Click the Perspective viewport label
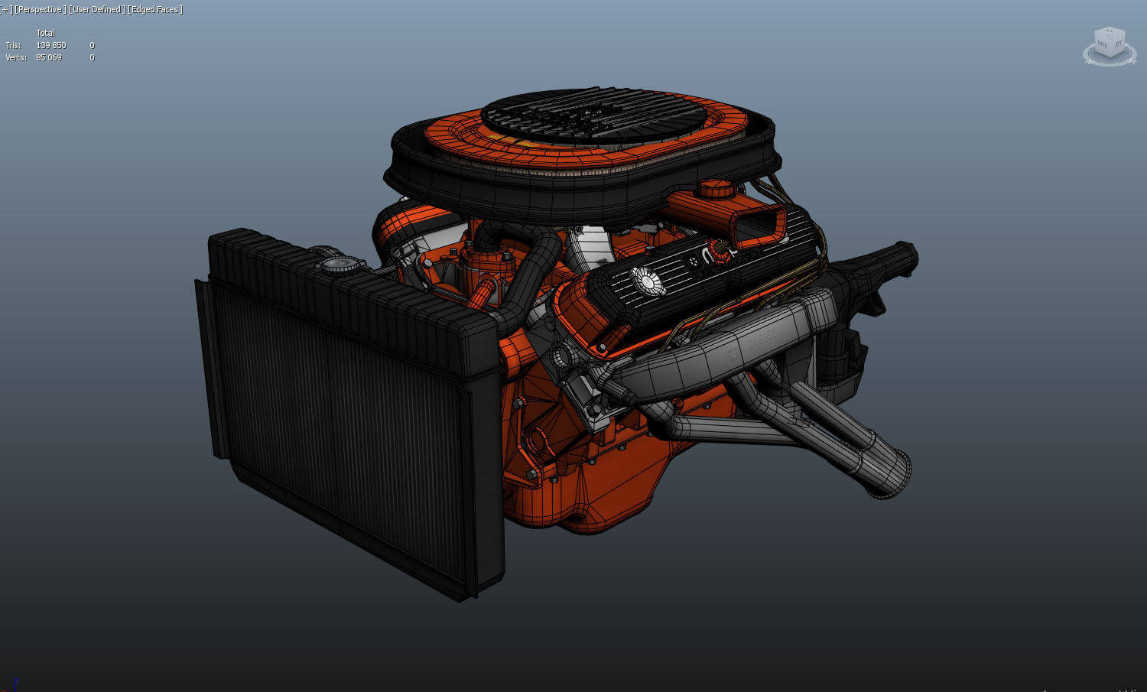pyautogui.click(x=41, y=9)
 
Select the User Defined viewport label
pyautogui.click(x=96, y=9)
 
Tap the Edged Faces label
pyautogui.click(x=155, y=9)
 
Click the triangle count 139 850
pyautogui.click(x=51, y=45)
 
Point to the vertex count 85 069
pyautogui.click(x=49, y=57)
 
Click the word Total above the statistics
pyautogui.click(x=45, y=33)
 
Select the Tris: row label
pyautogui.click(x=13, y=45)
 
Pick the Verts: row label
pyautogui.click(x=15, y=57)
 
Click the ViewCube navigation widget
pyautogui.click(x=1109, y=46)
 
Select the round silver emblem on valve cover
pyautogui.click(x=647, y=282)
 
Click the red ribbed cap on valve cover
pyautogui.click(x=718, y=248)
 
